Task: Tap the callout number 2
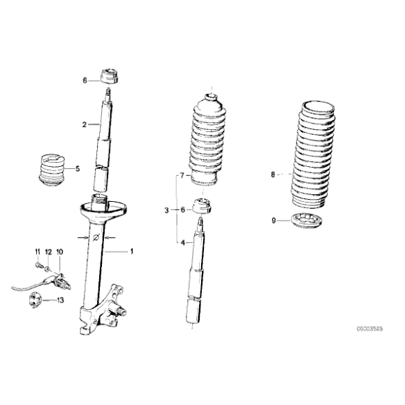click(x=84, y=125)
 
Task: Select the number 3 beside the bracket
click(x=168, y=209)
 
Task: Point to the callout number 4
click(x=183, y=242)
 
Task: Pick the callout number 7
click(x=183, y=175)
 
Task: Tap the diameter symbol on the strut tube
click(x=96, y=238)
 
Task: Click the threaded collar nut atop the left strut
click(x=109, y=75)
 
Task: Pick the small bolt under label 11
click(x=38, y=263)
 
